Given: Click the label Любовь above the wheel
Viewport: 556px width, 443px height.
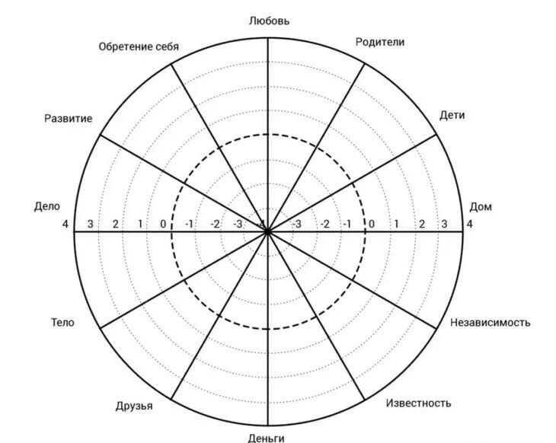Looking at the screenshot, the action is [x=269, y=21].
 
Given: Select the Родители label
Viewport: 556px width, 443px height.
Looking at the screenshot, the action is [x=380, y=42].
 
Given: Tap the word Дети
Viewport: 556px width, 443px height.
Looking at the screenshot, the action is [x=452, y=116].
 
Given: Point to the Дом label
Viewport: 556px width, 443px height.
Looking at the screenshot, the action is [x=480, y=206].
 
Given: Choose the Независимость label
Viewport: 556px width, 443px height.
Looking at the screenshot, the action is [x=490, y=322].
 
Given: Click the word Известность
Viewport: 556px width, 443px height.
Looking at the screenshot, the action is [x=418, y=403].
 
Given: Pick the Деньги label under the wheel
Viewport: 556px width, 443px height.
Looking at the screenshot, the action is [x=267, y=438].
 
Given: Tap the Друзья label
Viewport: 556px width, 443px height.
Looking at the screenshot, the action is [x=134, y=406].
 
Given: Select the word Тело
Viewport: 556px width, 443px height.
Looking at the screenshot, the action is [x=62, y=322].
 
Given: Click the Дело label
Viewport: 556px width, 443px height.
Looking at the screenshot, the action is [x=46, y=206].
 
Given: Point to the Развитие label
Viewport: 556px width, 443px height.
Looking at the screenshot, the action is [x=68, y=118].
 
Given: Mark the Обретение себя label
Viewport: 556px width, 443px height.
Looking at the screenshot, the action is [x=139, y=46].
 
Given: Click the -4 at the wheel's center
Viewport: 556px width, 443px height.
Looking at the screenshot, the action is [x=264, y=224].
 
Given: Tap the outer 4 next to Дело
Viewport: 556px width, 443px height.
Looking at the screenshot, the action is [x=66, y=224].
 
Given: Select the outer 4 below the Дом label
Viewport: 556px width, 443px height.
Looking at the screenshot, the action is [x=469, y=224].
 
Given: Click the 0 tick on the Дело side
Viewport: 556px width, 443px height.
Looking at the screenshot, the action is [x=163, y=224].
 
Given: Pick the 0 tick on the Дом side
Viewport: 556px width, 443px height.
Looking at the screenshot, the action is [x=372, y=224].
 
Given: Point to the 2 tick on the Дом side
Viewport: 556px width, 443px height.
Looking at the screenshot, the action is [x=421, y=224].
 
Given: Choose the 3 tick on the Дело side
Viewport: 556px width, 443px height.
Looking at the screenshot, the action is [x=90, y=224].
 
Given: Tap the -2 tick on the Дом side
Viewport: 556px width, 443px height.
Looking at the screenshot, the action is [x=324, y=224].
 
